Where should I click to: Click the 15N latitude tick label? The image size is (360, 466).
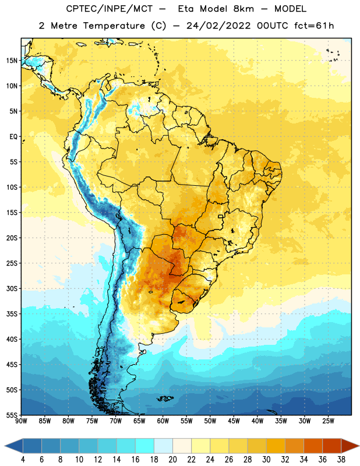pyautogui.click(x=12, y=61)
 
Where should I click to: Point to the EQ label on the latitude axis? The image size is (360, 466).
pyautogui.click(x=13, y=137)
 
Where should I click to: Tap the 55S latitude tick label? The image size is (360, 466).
pyautogui.click(x=12, y=415)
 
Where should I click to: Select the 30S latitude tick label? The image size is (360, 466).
pyautogui.click(x=12, y=288)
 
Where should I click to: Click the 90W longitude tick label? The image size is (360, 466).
pyautogui.click(x=21, y=421)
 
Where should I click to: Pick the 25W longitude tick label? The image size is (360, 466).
pyautogui.click(x=328, y=421)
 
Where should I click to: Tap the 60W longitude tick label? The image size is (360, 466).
pyautogui.click(x=163, y=421)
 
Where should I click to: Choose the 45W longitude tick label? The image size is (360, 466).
pyautogui.click(x=234, y=421)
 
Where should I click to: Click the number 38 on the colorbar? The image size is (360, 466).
pyautogui.click(x=341, y=460)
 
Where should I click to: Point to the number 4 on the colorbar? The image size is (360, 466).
pyautogui.click(x=23, y=460)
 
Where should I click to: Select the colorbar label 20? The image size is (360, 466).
pyautogui.click(x=172, y=460)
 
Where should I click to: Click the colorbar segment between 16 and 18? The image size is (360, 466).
pyautogui.click(x=145, y=446)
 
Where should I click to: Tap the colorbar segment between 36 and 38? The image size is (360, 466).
pyautogui.click(x=332, y=446)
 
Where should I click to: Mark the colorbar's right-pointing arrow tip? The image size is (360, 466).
pyautogui.click(x=359, y=446)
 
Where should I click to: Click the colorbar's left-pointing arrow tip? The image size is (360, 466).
pyautogui.click(x=5, y=446)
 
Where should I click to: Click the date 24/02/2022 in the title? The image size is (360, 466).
pyautogui.click(x=218, y=26)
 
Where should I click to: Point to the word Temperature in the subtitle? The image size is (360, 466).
pyautogui.click(x=114, y=26)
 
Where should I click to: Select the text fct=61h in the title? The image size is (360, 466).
pyautogui.click(x=314, y=26)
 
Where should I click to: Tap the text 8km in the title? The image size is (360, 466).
pyautogui.click(x=243, y=9)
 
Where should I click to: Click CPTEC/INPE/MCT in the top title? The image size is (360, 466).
pyautogui.click(x=109, y=9)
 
